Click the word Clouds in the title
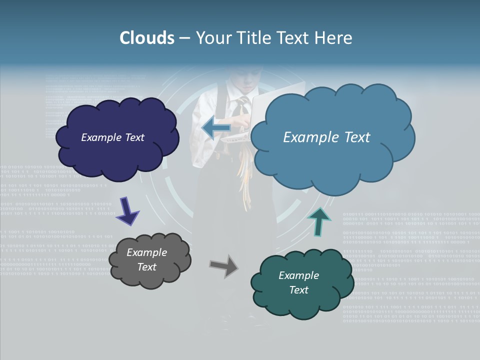147,38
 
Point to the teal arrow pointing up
319,220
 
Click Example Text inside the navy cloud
112,137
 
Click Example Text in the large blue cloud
326,137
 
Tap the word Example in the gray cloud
146,252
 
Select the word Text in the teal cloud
298,290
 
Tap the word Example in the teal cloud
298,275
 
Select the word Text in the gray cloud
146,267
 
